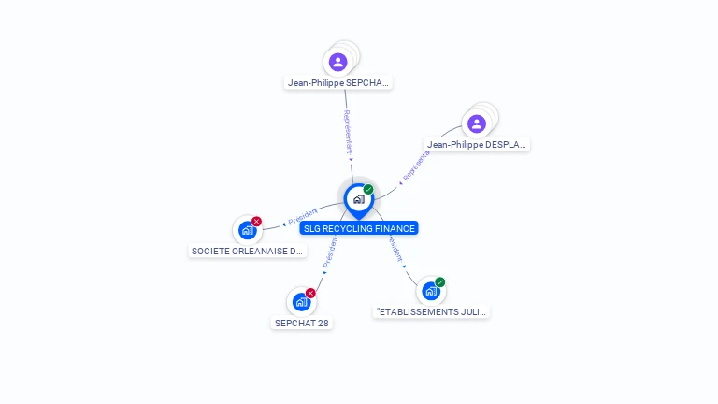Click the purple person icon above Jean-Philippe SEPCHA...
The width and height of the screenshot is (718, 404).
point(338,62)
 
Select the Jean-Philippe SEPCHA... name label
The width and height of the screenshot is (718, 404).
point(338,82)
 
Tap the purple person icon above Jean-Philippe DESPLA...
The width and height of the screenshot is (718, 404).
point(477,123)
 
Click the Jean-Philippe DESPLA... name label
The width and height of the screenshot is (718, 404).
point(477,145)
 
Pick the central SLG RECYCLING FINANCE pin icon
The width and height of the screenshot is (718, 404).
point(358,199)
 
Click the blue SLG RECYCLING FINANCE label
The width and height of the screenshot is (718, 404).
point(359,228)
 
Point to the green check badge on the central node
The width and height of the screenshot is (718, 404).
point(368,190)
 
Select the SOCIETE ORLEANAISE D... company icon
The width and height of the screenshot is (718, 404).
point(247,230)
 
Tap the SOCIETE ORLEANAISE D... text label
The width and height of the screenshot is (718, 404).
point(248,252)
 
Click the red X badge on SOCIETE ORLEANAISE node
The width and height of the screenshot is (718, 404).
point(256,222)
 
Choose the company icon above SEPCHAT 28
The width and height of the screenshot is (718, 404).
point(301,301)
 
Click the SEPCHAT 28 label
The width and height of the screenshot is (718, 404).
point(301,323)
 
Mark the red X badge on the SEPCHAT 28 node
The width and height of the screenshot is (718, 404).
point(310,293)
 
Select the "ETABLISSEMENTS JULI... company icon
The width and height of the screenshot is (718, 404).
point(430,290)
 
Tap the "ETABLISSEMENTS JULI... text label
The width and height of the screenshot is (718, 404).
point(431,311)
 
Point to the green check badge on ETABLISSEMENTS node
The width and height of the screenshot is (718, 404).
point(439,281)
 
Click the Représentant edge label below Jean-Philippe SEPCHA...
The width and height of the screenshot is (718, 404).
point(348,132)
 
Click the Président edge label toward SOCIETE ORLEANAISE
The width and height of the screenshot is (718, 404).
point(302,215)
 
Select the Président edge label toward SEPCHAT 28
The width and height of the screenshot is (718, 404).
point(329,252)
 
